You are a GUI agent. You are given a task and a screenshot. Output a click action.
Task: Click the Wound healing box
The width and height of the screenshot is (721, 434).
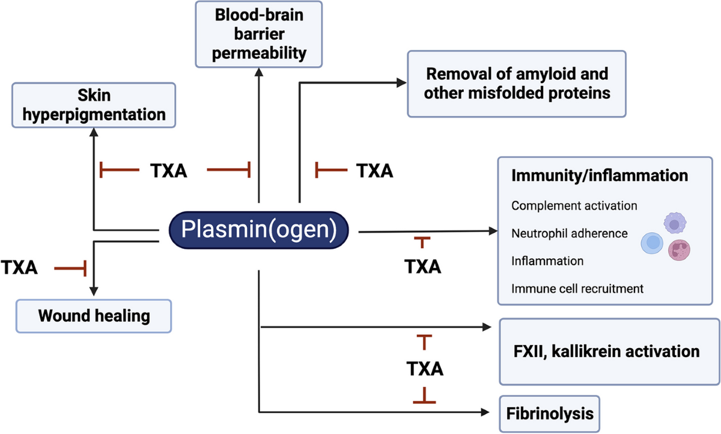[94, 316]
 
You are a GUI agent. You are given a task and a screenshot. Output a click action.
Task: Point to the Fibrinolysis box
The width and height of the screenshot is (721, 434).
[549, 414]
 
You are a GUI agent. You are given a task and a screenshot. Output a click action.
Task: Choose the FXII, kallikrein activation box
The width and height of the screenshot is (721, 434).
[609, 352]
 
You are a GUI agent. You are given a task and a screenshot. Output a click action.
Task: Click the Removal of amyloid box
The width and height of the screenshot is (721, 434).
[517, 84]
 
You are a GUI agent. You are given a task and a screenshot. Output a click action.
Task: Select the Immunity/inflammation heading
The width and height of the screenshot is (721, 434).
[599, 177]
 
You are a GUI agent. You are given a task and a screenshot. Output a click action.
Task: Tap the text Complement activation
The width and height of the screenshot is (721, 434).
[574, 206]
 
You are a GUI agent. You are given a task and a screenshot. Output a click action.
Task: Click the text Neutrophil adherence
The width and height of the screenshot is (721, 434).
[570, 233]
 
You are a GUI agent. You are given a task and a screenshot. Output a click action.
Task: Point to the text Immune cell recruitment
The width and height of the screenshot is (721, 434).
[577, 289]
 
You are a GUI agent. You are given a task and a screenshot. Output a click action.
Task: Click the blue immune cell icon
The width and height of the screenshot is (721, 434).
[653, 243]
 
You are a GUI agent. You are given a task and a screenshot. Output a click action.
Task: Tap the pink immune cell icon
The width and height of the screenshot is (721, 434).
[680, 249]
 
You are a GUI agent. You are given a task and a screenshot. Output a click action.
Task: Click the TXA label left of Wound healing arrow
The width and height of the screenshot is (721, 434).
[19, 267]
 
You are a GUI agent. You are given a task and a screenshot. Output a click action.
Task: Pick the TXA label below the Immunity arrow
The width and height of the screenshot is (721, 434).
[423, 266]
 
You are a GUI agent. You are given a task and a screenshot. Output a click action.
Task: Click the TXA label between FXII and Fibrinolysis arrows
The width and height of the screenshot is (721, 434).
[425, 368]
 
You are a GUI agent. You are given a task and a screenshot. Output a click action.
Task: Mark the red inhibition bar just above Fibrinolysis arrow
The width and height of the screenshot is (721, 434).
[425, 397]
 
